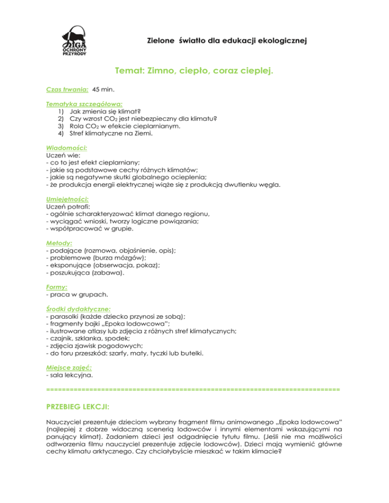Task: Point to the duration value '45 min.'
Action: point(103,89)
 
